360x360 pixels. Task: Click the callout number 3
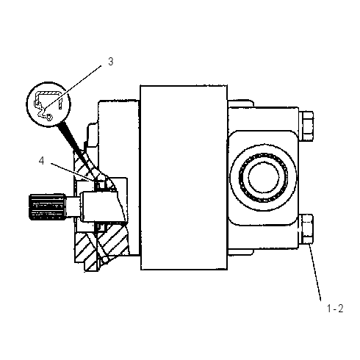[111, 62]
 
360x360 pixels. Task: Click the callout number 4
[42, 161]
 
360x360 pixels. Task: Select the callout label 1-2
[335, 309]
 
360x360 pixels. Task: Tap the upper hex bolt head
[307, 126]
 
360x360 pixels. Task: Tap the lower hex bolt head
[307, 228]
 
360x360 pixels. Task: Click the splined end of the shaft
[47, 206]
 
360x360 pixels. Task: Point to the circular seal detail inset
[48, 104]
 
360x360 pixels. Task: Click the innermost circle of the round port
[264, 177]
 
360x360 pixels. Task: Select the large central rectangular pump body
[184, 178]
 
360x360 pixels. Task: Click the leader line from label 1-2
[314, 272]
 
